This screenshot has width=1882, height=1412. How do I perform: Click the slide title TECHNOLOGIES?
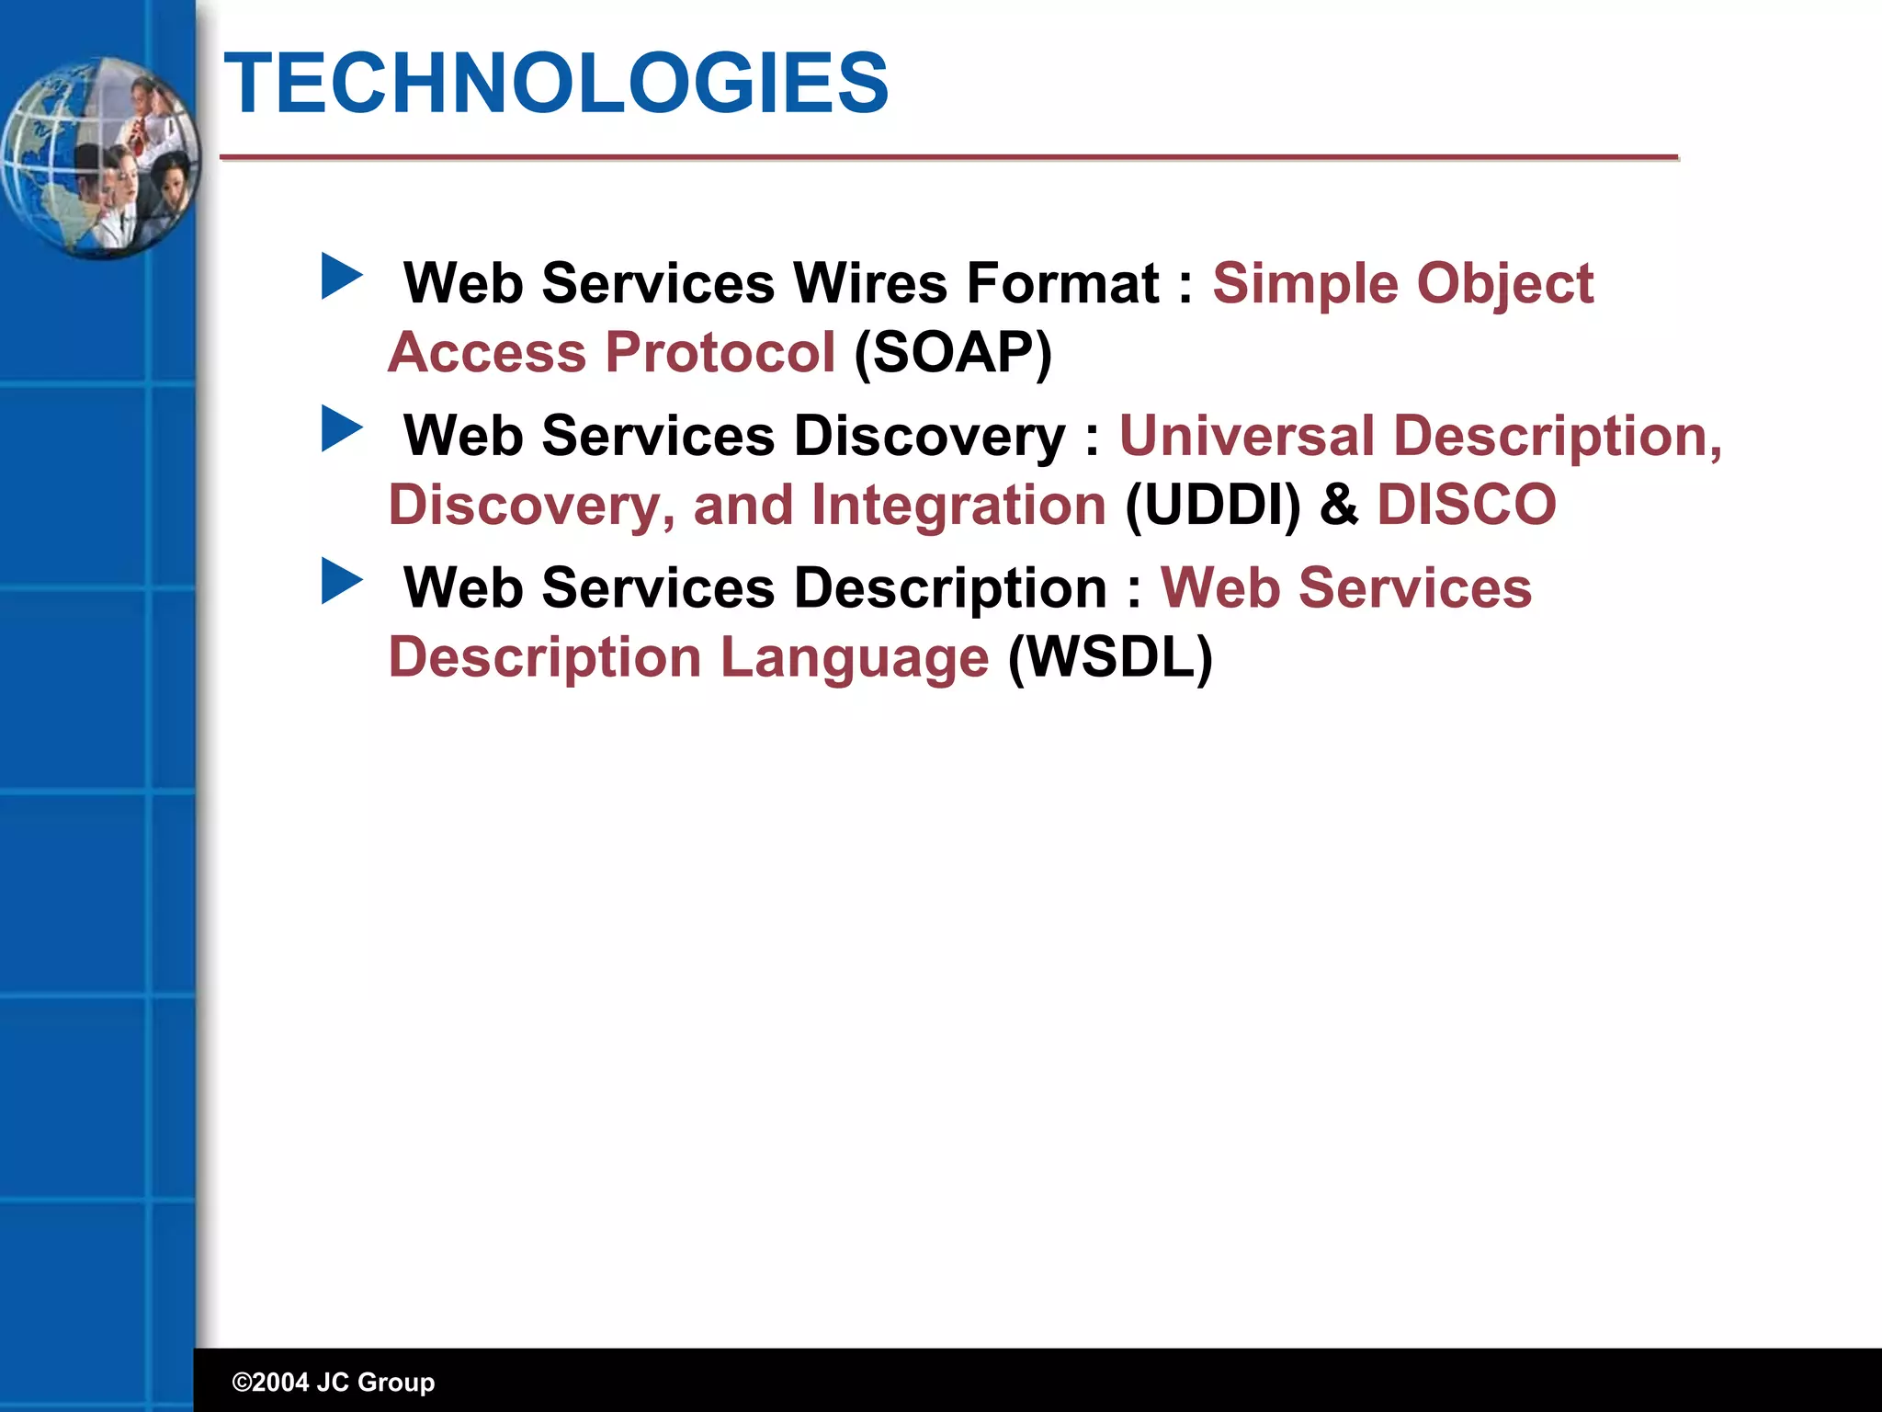556,84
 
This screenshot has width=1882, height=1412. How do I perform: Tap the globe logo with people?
99,158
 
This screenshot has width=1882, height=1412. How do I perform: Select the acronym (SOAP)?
953,352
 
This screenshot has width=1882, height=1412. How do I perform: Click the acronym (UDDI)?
1213,505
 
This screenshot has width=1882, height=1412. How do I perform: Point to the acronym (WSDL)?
1110,657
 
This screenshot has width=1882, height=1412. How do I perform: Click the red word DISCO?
1466,505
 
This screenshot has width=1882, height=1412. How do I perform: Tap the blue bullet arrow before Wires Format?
342,277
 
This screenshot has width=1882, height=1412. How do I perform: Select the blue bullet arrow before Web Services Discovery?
342,429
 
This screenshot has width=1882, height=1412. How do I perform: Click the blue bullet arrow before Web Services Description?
342,582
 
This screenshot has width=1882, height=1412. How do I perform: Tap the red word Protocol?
720,352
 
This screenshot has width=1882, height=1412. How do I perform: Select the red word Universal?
1246,435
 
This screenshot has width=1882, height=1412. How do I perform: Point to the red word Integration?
958,505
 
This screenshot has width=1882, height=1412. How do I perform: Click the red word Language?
854,657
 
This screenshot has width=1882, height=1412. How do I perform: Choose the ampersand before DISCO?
1339,505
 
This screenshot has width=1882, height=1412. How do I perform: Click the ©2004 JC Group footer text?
334,1382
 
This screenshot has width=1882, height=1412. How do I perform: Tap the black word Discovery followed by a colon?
929,435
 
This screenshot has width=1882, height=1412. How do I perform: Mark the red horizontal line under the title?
948,158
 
